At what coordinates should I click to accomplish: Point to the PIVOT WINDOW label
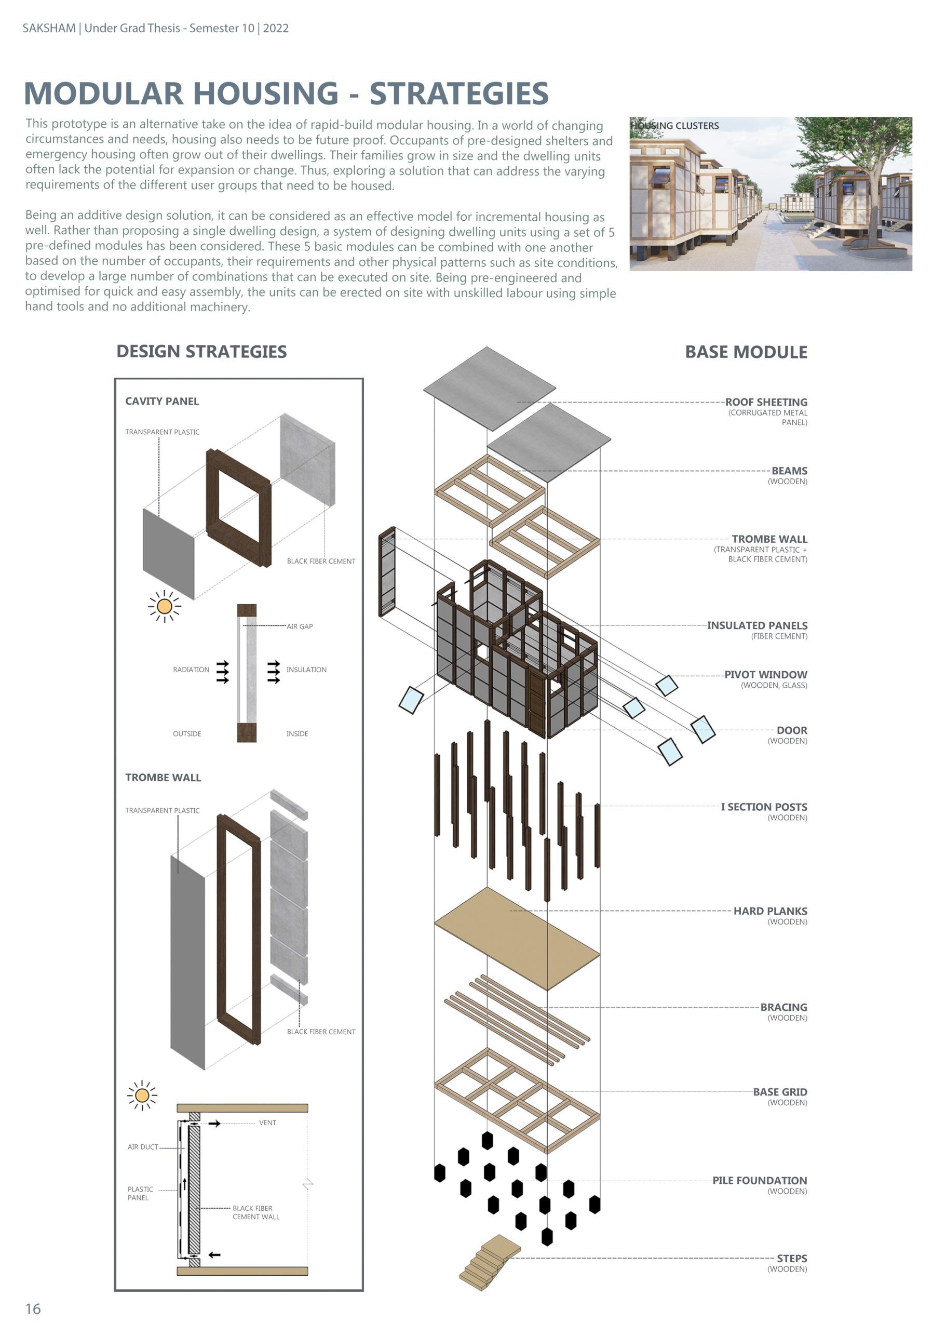coord(765,675)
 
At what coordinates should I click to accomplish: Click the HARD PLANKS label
coord(770,911)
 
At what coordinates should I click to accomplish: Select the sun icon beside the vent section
coord(142,1096)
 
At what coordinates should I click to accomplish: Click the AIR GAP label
coord(300,626)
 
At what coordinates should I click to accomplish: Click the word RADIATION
coord(191,670)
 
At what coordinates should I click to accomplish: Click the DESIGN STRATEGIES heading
coord(201,351)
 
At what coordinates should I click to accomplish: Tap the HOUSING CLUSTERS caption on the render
coord(675,126)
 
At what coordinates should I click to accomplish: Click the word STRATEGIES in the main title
coord(459,94)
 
